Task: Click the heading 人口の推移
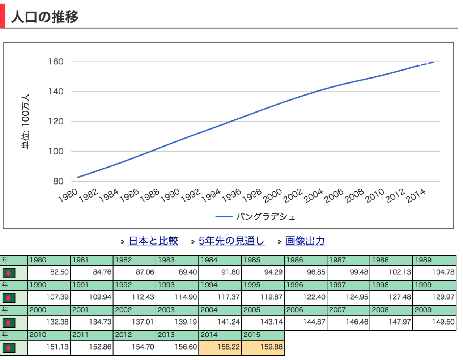click(x=45, y=17)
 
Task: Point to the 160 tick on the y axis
click(x=56, y=62)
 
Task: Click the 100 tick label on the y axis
click(x=56, y=151)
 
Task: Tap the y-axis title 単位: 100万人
click(x=26, y=121)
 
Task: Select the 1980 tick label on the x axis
click(x=68, y=195)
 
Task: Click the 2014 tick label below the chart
click(x=416, y=196)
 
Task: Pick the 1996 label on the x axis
click(x=231, y=195)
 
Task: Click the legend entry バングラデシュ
click(x=266, y=217)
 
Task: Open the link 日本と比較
click(x=153, y=241)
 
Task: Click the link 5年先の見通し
click(x=231, y=241)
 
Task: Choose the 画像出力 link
click(x=305, y=241)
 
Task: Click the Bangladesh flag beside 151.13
click(x=9, y=348)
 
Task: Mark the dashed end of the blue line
click(x=427, y=64)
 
